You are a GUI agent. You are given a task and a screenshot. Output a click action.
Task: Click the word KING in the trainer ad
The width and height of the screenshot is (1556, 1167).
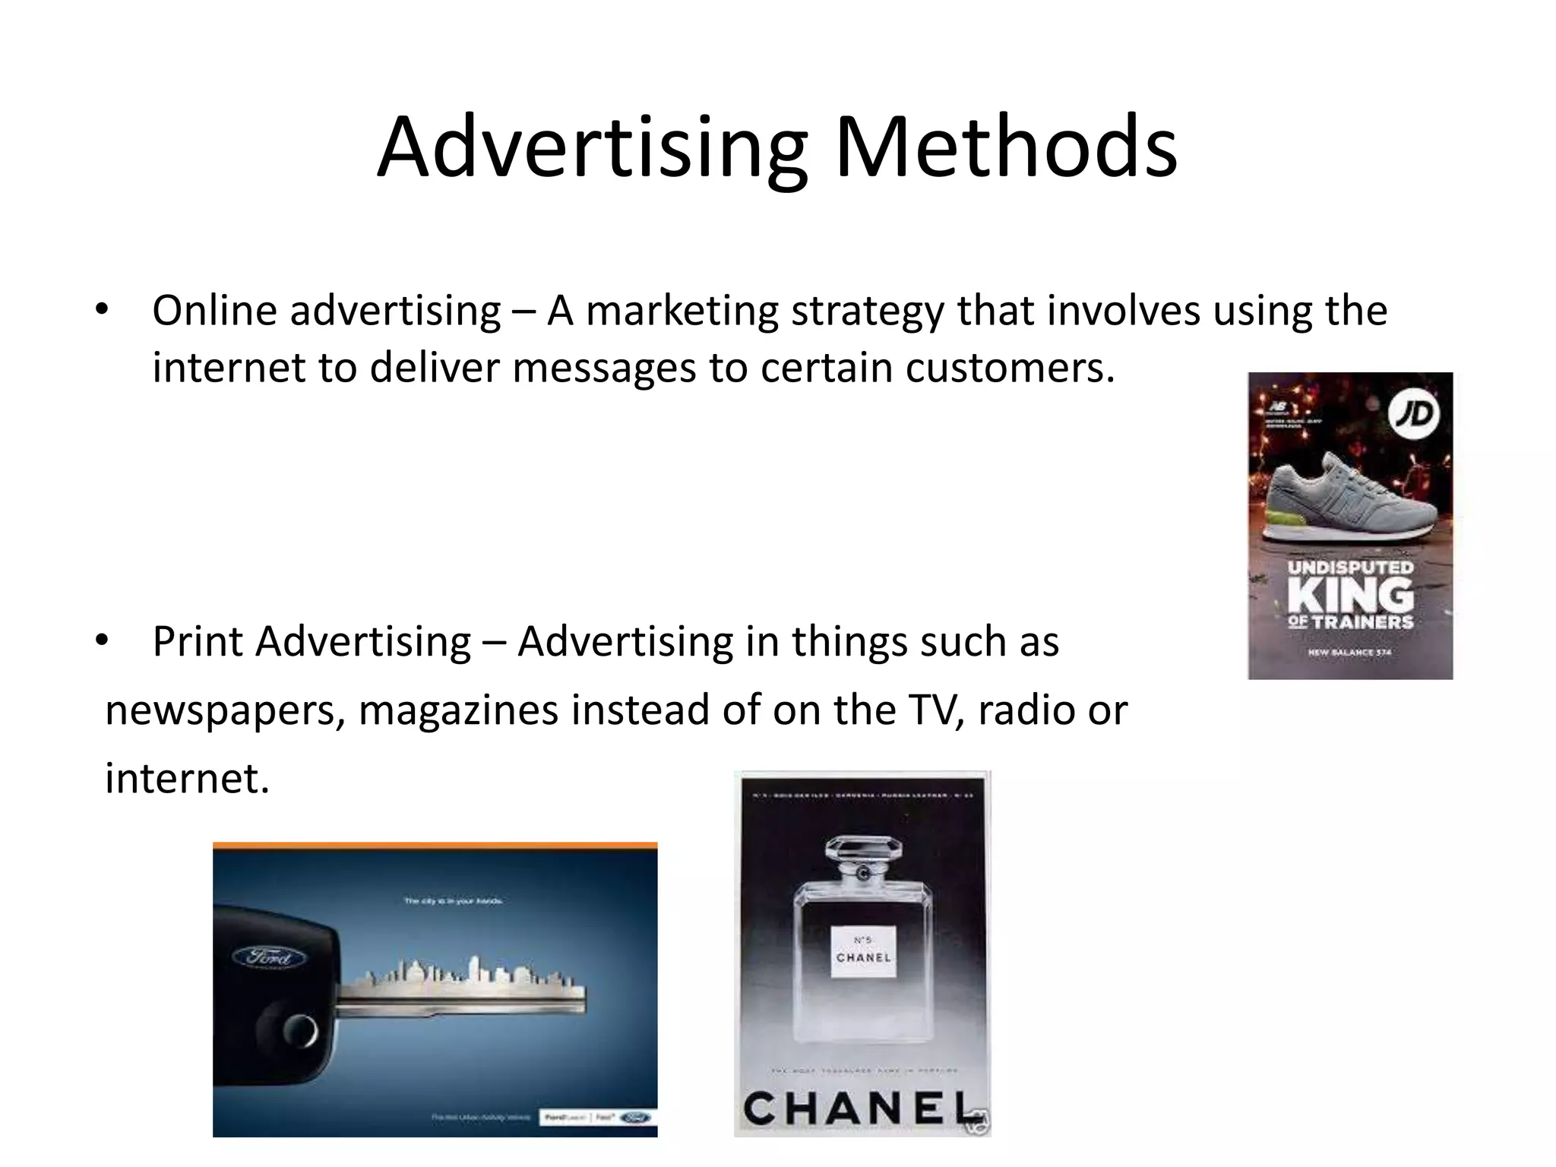click(1350, 594)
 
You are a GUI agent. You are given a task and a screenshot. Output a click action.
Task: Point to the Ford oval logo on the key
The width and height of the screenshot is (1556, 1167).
click(268, 957)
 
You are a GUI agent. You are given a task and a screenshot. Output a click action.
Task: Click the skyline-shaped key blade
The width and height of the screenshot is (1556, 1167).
click(463, 988)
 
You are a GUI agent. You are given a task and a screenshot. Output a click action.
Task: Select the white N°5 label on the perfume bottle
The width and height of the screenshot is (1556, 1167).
click(863, 950)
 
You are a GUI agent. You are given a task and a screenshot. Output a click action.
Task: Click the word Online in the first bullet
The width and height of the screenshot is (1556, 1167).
click(214, 311)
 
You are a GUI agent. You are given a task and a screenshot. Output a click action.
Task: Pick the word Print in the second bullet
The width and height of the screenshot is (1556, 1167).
click(198, 642)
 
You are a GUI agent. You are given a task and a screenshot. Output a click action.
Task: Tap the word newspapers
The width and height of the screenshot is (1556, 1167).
click(225, 710)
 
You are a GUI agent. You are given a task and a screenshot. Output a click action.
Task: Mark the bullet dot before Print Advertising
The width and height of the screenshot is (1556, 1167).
click(103, 641)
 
